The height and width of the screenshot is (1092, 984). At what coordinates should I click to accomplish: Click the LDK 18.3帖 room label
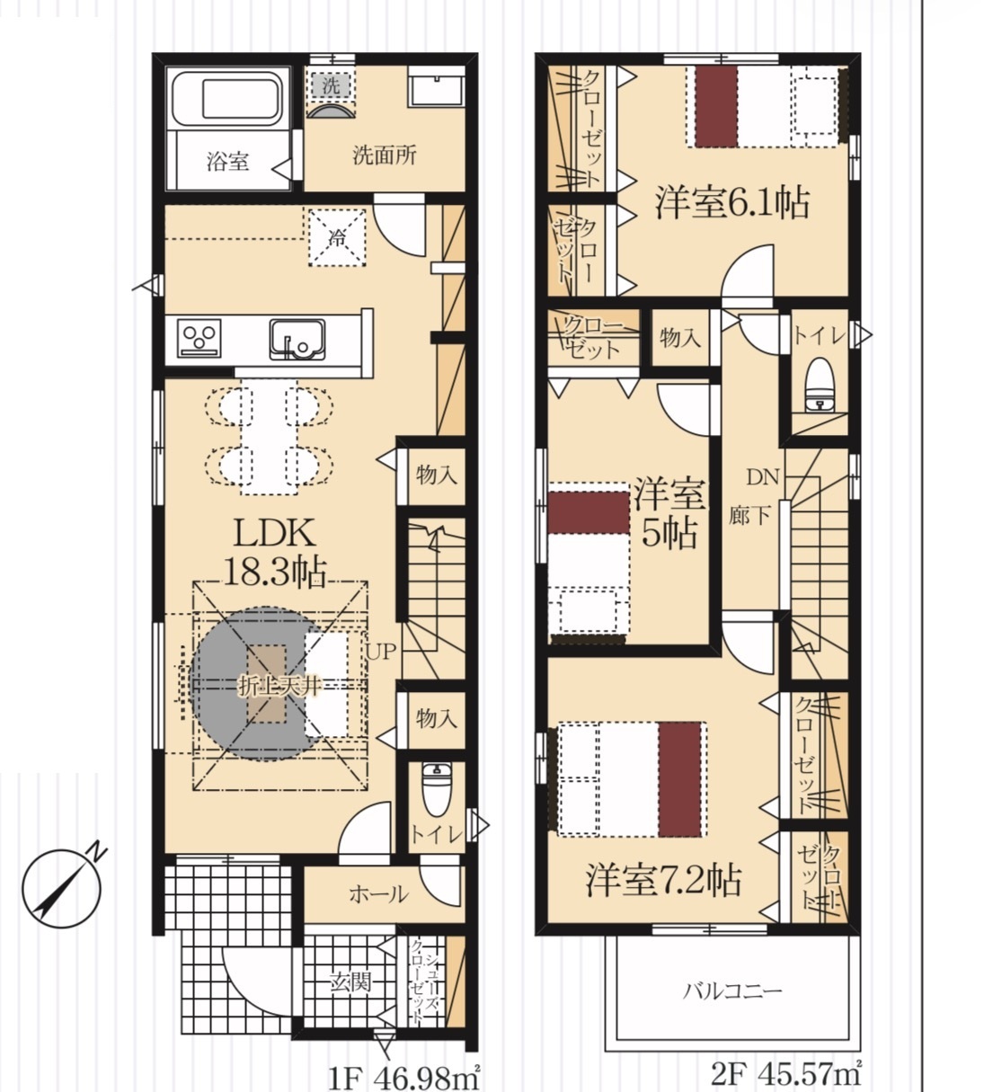275,552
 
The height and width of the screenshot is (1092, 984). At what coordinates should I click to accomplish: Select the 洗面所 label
385,155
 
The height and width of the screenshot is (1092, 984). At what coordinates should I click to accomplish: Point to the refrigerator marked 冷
336,237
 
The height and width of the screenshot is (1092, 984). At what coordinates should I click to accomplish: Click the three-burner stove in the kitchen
199,338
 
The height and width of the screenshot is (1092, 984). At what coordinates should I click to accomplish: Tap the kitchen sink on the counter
297,339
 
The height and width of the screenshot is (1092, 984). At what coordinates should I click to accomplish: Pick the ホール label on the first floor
379,894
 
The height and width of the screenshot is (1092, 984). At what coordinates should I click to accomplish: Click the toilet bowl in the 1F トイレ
436,790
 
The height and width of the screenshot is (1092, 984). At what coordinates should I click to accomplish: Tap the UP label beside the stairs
379,652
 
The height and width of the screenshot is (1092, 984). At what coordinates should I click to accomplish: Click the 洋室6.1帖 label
733,202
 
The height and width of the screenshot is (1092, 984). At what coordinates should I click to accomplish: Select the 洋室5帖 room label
669,513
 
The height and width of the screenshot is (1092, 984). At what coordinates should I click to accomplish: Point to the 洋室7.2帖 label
663,881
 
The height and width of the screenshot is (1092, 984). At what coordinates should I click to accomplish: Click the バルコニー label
732,990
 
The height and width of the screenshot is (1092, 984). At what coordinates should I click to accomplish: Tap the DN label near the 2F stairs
762,477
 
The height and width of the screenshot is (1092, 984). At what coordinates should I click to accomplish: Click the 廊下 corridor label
749,515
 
